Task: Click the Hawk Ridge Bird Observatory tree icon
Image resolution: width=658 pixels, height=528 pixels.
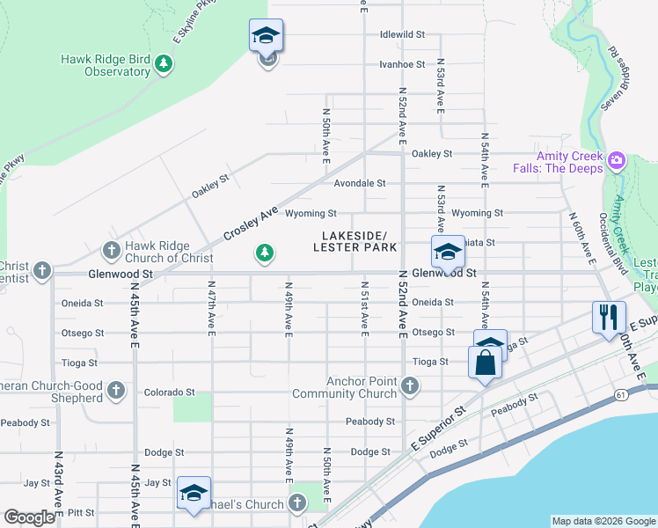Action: pyautogui.click(x=163, y=65)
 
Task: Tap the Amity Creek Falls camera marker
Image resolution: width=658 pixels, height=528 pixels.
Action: pyautogui.click(x=616, y=160)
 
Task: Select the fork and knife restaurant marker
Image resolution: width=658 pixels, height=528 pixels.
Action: pyautogui.click(x=609, y=317)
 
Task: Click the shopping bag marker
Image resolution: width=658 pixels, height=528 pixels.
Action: pyautogui.click(x=485, y=362)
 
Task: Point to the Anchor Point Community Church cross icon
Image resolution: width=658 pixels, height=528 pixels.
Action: pyautogui.click(x=409, y=386)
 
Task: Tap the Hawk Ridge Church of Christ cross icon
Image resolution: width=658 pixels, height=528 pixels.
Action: pyautogui.click(x=111, y=252)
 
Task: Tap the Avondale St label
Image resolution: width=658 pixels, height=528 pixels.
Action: pyautogui.click(x=360, y=183)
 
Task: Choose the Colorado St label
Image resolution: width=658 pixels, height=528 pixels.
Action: pyautogui.click(x=169, y=392)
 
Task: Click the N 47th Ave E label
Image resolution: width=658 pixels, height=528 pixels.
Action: pyautogui.click(x=212, y=308)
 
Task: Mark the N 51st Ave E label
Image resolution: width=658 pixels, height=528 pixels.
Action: pyautogui.click(x=363, y=308)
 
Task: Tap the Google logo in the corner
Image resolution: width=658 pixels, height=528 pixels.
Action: pyautogui.click(x=29, y=517)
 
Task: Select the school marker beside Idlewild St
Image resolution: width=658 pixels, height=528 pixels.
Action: pyautogui.click(x=266, y=37)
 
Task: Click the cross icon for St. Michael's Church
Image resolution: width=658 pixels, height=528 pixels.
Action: pyautogui.click(x=297, y=503)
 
